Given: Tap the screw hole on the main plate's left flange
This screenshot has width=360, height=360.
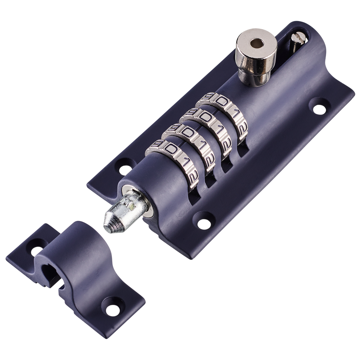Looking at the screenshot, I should pos(125,167).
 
